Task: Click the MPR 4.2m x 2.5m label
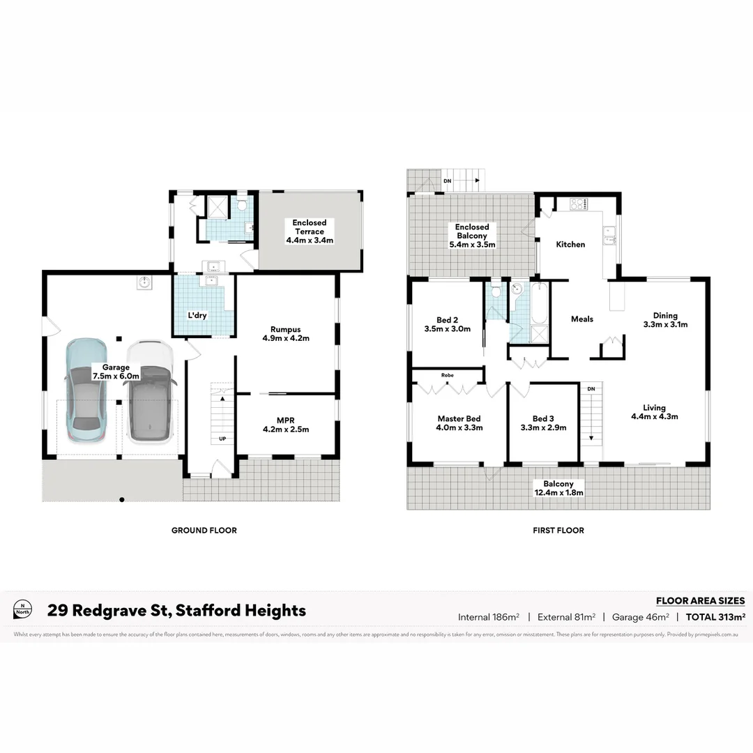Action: click(x=285, y=424)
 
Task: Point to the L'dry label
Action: click(x=197, y=315)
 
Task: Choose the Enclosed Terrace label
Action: click(x=310, y=231)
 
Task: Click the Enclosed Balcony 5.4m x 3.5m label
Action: click(x=472, y=236)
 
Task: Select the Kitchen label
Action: click(x=570, y=244)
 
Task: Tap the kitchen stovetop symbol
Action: click(x=579, y=204)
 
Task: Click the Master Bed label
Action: click(x=459, y=423)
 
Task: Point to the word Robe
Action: click(x=447, y=375)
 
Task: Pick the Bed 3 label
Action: click(x=543, y=423)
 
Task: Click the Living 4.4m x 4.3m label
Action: click(x=654, y=412)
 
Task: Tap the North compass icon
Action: click(x=23, y=609)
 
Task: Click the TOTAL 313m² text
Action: click(x=715, y=616)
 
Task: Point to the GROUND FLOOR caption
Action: click(x=204, y=531)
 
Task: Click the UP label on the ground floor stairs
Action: click(x=223, y=439)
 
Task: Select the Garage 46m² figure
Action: click(x=640, y=616)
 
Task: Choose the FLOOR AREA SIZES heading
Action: click(x=700, y=600)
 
